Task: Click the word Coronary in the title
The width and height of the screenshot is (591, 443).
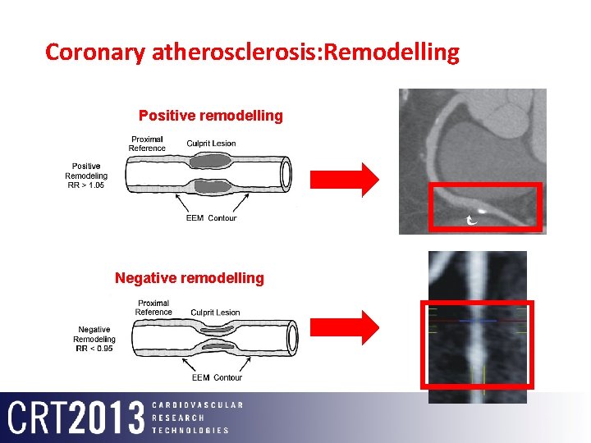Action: coord(96,53)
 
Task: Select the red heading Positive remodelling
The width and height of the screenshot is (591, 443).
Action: coord(210,116)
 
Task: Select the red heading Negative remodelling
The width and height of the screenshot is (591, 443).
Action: coord(190,278)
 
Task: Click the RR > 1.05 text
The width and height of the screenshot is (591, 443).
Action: coord(86,185)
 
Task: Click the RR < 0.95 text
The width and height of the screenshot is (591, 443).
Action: coord(94,349)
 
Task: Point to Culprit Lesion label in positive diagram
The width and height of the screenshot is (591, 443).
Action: coord(211,144)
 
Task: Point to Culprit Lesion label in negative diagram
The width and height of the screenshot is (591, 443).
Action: coord(215,313)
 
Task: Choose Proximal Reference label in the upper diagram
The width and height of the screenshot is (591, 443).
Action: coord(147,144)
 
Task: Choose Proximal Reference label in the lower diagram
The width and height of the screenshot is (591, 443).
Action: coord(153,308)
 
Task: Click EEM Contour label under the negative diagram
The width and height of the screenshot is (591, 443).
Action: coord(217,377)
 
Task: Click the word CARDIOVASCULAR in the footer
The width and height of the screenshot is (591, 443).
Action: coord(198,405)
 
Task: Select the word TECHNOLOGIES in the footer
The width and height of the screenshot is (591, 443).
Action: coord(190,430)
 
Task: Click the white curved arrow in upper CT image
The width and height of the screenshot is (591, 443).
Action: coord(472,219)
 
